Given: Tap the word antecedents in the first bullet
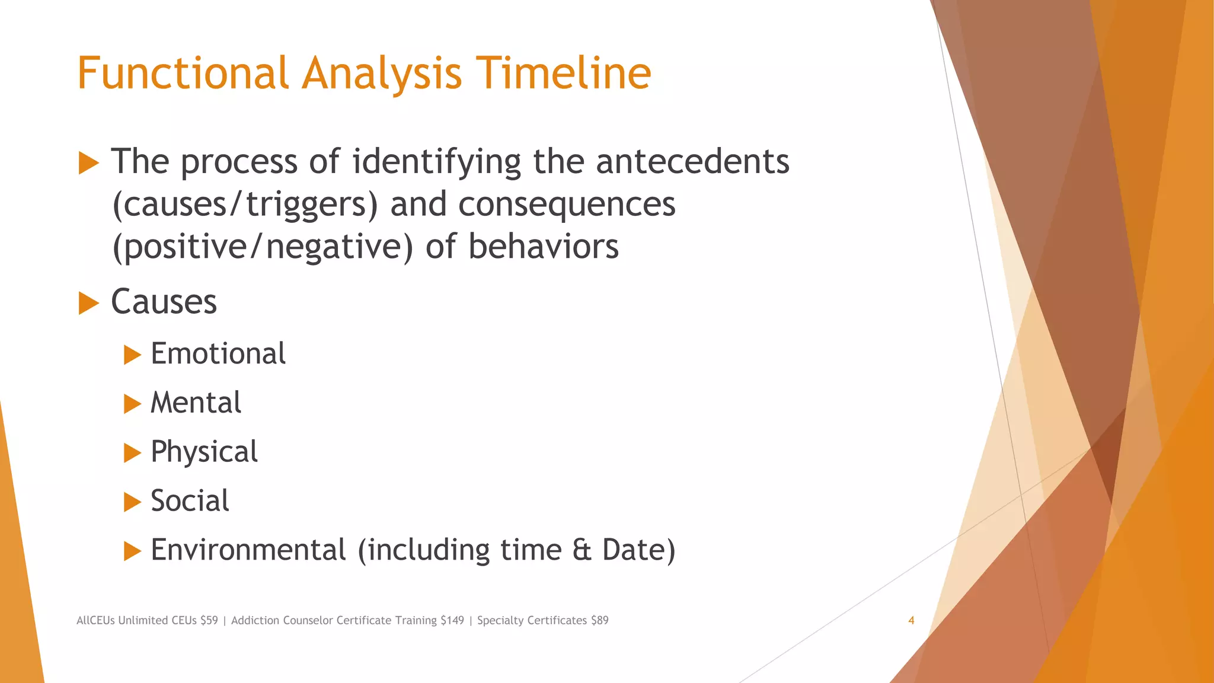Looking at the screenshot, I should (692, 161).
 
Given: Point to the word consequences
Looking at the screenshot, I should (567, 204).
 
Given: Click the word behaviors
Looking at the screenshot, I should (543, 247).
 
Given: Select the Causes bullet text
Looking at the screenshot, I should (164, 302).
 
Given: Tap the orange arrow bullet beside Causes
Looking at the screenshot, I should (88, 303).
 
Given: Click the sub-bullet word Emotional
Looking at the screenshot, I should (218, 354).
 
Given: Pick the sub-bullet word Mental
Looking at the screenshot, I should (196, 403).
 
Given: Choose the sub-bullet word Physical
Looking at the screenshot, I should (204, 452).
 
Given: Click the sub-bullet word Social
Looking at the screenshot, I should (190, 501).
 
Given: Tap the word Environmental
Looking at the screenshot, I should (248, 550).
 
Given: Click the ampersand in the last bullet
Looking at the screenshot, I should (582, 550).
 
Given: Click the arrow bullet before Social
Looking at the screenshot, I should (132, 502).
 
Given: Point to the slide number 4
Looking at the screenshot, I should (911, 621).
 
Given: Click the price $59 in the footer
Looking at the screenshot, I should (209, 621).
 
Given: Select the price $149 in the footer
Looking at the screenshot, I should (452, 621).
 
